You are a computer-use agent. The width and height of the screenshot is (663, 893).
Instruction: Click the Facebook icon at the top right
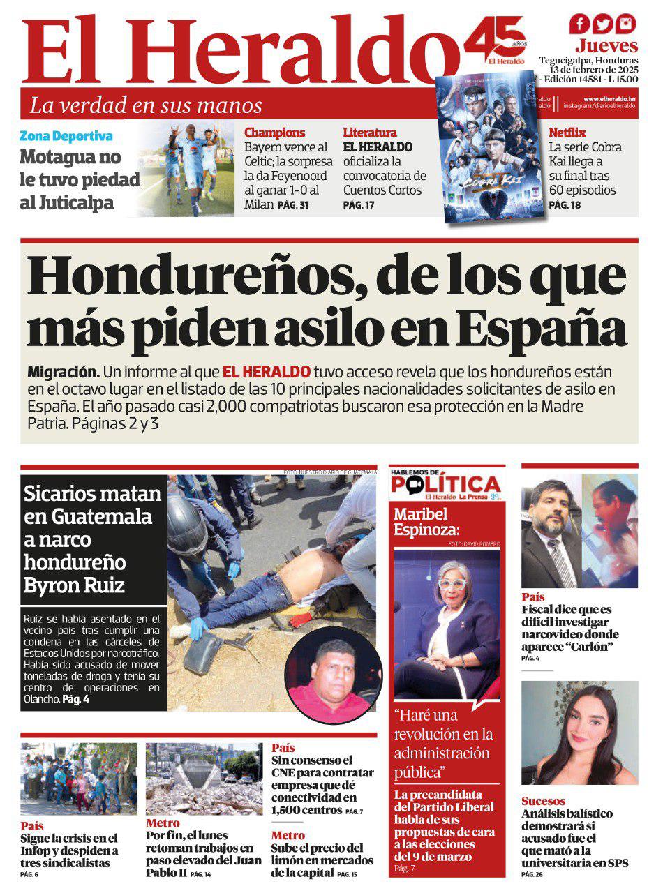tap(579, 24)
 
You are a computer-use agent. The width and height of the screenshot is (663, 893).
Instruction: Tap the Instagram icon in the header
tap(626, 24)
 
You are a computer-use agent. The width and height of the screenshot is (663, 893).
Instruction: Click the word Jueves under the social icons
tap(606, 47)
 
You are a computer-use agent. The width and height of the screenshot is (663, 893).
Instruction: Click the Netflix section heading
tap(567, 133)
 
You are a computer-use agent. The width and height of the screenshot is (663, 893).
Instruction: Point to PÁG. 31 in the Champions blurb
tap(292, 205)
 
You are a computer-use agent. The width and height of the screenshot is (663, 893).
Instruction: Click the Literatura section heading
tap(370, 133)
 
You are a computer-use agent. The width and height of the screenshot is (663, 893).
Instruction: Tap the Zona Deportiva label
tap(66, 137)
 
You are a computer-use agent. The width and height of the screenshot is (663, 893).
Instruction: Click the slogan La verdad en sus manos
tap(146, 106)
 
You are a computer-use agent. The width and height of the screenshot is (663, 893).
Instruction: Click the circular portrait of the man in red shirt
tap(333, 675)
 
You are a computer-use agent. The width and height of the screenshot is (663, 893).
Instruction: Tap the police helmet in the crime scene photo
tap(187, 526)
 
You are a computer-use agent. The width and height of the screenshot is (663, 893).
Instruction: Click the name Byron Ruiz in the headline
tap(74, 584)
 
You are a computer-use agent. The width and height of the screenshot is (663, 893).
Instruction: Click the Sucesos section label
tap(543, 801)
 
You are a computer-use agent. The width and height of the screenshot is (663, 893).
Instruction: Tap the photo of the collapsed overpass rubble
tap(204, 779)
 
